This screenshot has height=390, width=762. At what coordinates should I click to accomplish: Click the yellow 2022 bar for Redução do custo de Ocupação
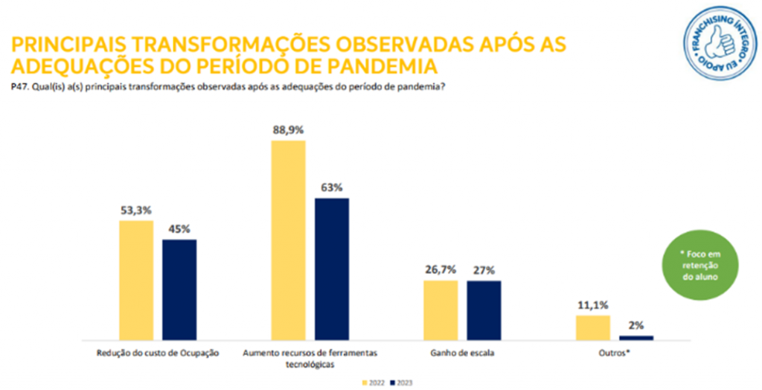point(136,280)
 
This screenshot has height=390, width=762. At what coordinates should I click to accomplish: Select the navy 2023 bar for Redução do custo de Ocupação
point(179,290)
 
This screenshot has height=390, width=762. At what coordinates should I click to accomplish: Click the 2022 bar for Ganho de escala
point(441,310)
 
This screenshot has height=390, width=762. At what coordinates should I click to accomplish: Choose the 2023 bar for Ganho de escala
point(484,310)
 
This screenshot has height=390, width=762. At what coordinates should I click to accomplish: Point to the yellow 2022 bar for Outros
point(592,327)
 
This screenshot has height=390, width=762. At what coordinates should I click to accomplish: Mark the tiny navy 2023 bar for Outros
point(635,337)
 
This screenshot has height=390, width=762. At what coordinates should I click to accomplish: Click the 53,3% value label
point(136,211)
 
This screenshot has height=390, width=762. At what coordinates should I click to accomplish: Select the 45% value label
point(179,229)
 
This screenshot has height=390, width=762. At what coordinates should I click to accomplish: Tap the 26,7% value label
point(441,270)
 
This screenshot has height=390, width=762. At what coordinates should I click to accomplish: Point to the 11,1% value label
point(592,305)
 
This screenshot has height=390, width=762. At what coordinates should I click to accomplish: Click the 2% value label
point(635,325)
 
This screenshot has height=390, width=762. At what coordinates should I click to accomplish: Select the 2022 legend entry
point(374,383)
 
